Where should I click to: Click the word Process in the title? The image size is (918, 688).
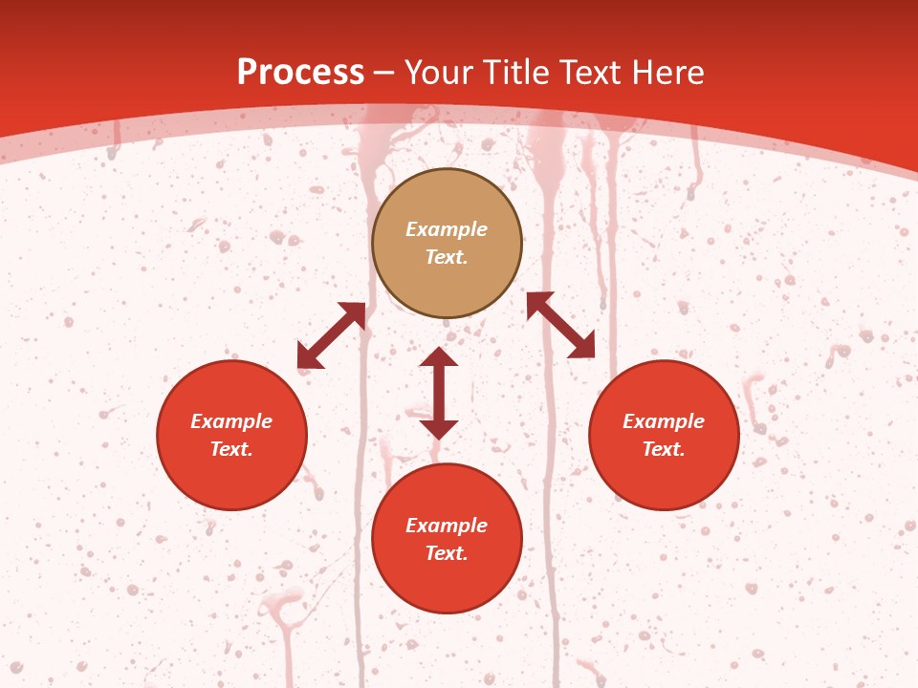coord(300,73)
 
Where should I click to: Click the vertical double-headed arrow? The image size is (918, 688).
coord(439,393)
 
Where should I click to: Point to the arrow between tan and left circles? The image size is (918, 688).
coord(331,335)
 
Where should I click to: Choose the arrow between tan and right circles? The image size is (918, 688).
coord(560,325)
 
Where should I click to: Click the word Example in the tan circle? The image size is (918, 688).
coord(447,229)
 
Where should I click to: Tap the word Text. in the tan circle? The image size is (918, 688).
coord(447,257)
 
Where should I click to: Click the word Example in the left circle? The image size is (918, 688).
coord(231,421)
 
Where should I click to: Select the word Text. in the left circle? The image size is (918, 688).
coord(231,449)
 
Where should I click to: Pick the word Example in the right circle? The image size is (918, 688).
coord(664,421)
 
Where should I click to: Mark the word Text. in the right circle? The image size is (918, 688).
coord(664,449)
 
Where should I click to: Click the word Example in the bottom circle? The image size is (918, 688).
coord(447,526)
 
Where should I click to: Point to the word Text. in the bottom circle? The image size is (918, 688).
coord(447,553)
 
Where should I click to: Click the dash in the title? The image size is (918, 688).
coord(384,74)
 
